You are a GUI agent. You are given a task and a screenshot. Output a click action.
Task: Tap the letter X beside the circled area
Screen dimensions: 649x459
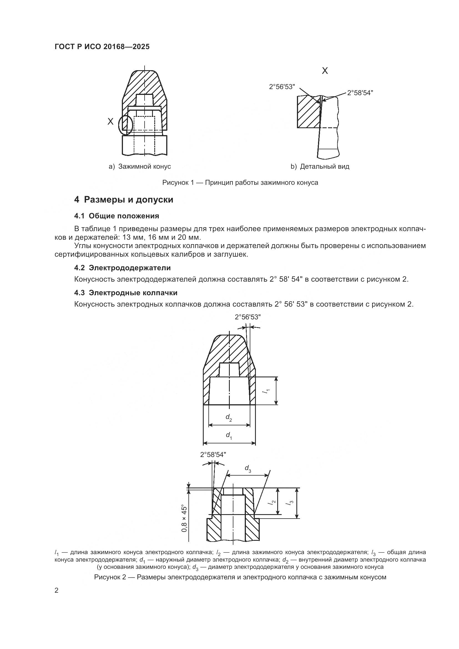[x=110, y=122]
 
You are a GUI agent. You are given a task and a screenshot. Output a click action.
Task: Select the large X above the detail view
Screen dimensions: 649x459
[x=325, y=71]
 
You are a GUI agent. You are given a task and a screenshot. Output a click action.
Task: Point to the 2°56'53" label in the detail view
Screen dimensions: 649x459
[x=282, y=87]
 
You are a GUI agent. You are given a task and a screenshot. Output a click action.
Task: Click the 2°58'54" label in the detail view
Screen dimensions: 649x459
[x=360, y=93]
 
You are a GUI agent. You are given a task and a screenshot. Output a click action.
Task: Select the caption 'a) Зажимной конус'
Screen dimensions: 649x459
[x=140, y=166]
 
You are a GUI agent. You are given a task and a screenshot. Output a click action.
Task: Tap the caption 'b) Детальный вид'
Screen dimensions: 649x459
[x=320, y=166]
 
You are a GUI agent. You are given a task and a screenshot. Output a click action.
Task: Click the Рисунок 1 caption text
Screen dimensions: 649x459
[x=240, y=183]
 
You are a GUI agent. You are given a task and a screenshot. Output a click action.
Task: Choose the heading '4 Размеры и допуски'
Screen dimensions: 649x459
[x=123, y=200]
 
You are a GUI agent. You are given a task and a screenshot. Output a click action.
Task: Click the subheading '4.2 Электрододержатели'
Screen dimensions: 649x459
[x=122, y=268]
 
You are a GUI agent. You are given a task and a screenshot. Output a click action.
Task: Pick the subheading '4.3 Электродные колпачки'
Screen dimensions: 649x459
[x=125, y=293]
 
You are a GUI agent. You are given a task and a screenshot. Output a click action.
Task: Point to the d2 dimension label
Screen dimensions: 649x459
[x=229, y=417]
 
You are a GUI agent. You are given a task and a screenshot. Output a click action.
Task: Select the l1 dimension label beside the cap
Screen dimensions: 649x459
[x=266, y=391]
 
